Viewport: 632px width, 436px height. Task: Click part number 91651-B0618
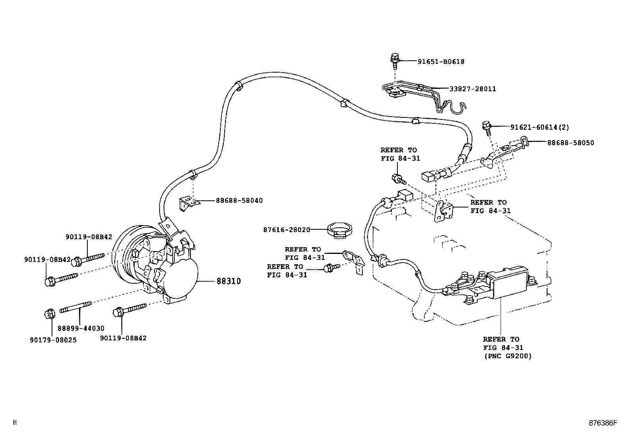[x=441, y=61]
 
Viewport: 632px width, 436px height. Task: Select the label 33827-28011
[x=472, y=89]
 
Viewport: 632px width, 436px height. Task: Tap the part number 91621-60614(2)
[x=540, y=127]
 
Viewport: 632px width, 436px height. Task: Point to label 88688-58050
[x=571, y=143]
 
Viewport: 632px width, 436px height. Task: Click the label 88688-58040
[x=239, y=200]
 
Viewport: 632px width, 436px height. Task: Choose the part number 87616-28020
[x=287, y=230]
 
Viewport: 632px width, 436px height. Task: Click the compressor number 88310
[x=229, y=281]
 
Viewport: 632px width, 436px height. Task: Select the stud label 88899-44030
[x=81, y=328]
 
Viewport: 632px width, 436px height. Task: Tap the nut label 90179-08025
[x=53, y=340]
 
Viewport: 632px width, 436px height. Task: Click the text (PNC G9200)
[x=508, y=356]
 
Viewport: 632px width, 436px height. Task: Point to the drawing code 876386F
[x=603, y=423]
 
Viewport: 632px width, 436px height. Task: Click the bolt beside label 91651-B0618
[x=395, y=60]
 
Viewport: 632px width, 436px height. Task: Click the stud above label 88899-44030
[x=75, y=306]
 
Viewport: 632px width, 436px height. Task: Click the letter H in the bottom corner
[x=15, y=422]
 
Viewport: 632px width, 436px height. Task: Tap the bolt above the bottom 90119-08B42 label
[x=129, y=309]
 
